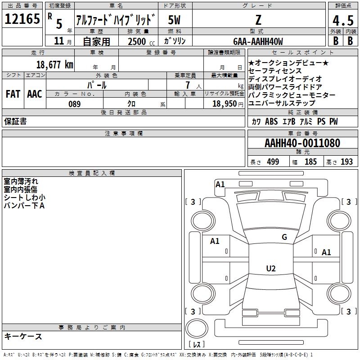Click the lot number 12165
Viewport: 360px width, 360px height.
click(x=22, y=19)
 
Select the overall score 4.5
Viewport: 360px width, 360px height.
click(x=343, y=20)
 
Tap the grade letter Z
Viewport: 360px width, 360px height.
click(x=258, y=20)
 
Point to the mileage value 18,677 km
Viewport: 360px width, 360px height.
click(x=55, y=64)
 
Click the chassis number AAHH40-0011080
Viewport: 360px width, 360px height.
click(x=302, y=143)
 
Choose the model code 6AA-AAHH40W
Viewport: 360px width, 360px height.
click(x=258, y=41)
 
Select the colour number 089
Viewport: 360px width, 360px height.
click(x=75, y=104)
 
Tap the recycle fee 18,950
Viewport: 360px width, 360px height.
click(x=225, y=103)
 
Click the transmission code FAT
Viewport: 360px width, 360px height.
click(x=13, y=94)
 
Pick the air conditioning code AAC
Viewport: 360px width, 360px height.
click(x=35, y=94)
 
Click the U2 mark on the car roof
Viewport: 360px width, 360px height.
click(x=271, y=268)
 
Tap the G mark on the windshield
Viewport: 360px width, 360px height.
click(x=284, y=237)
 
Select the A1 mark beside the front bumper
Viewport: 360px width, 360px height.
click(x=220, y=184)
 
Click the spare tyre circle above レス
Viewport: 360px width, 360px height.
click(x=197, y=328)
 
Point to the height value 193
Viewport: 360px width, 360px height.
click(x=346, y=162)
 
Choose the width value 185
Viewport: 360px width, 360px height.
click(x=310, y=162)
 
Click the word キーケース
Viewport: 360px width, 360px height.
click(x=23, y=336)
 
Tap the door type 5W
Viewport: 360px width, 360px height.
click(x=174, y=20)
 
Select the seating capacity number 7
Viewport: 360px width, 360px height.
click(x=188, y=85)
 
